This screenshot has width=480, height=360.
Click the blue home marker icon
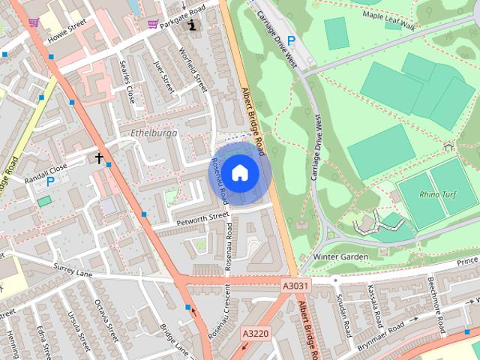pos(238,173)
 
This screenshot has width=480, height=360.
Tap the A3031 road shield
pos(296,286)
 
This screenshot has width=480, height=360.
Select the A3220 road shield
pos(254,332)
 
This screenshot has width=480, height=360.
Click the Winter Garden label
pos(340,256)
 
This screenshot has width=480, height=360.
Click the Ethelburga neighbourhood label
pos(152,133)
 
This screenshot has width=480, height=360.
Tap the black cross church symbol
pos(98,158)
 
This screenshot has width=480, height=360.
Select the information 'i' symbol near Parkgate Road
pos(193,25)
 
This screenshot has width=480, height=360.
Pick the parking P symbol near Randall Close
pos(50,181)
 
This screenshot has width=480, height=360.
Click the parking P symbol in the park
pos(292,40)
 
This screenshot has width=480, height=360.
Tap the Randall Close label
pos(45,169)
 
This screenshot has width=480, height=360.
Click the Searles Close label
pos(129,83)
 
